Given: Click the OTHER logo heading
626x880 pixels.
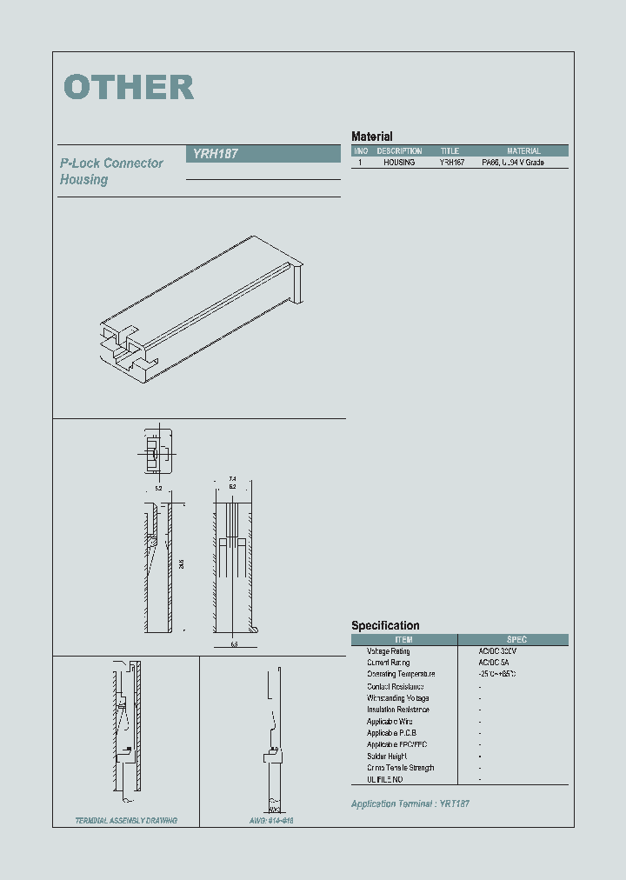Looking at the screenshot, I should (x=129, y=87).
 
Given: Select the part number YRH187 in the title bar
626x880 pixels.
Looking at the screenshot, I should (x=211, y=154).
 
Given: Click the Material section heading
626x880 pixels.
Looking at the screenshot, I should (x=371, y=137).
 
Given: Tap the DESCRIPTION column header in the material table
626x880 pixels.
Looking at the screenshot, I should (x=399, y=151).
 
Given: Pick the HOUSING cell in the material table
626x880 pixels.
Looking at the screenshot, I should (x=399, y=163).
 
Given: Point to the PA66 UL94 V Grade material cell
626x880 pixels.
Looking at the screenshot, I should (x=513, y=163).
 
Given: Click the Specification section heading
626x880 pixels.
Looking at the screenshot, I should (x=385, y=625).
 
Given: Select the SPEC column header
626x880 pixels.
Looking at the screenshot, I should (x=516, y=640).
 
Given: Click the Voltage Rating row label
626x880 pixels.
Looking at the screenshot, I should (x=388, y=651).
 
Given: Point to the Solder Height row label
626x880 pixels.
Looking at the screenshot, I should (x=387, y=757).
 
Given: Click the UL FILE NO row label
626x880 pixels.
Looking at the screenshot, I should (x=384, y=780).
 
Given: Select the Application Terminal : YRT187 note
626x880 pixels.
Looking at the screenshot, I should (x=410, y=804).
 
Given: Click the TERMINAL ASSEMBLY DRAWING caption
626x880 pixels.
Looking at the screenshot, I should (x=126, y=821).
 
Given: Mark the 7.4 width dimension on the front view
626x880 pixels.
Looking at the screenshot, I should (x=232, y=479).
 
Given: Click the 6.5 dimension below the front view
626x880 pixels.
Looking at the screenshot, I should (x=234, y=644).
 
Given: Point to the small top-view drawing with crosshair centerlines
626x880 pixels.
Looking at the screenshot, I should (x=156, y=451).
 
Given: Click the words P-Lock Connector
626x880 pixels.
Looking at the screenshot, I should (x=111, y=163).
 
